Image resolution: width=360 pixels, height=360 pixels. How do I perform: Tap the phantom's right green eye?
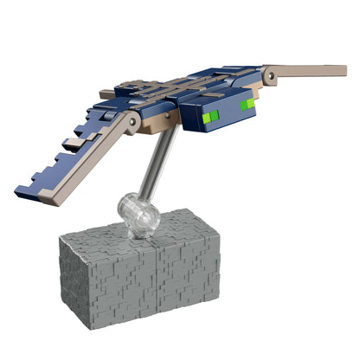click(247, 105)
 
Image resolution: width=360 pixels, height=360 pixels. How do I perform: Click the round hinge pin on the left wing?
click(132, 126)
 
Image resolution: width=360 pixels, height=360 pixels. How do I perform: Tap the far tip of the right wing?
click(344, 66)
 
